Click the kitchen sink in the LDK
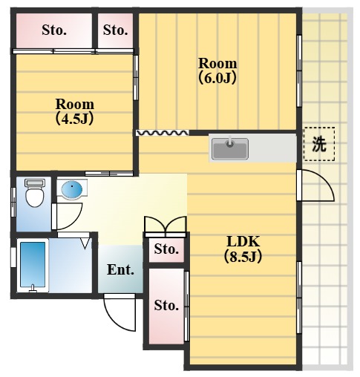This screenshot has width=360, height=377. (229, 148)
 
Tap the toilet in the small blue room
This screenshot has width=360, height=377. (33, 194)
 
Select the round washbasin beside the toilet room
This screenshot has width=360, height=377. (71, 190)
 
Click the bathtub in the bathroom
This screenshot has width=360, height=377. (33, 266)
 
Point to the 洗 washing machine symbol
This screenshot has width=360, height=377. (318, 144)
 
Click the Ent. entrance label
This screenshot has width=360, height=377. (120, 269)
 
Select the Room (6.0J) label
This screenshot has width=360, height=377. (217, 70)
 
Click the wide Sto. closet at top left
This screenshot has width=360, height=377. (53, 30)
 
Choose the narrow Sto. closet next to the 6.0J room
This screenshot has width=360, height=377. (115, 30)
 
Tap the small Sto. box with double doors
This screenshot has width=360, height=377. (166, 249)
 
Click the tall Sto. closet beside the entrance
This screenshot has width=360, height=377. (166, 305)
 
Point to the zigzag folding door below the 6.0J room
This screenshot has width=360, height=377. (161, 133)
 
